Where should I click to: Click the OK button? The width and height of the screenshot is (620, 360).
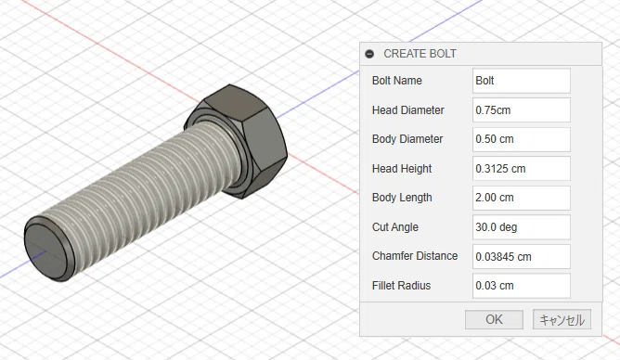(x=494, y=319)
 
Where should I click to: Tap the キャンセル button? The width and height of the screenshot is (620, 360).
(x=562, y=319)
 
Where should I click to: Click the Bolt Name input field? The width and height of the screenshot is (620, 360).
(x=521, y=81)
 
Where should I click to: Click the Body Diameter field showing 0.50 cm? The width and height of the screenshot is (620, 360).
(x=521, y=139)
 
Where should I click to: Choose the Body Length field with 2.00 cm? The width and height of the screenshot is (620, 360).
(x=521, y=198)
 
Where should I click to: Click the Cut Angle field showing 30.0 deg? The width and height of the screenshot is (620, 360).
(x=521, y=227)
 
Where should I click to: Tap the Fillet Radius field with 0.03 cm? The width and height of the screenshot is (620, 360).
(x=521, y=286)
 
